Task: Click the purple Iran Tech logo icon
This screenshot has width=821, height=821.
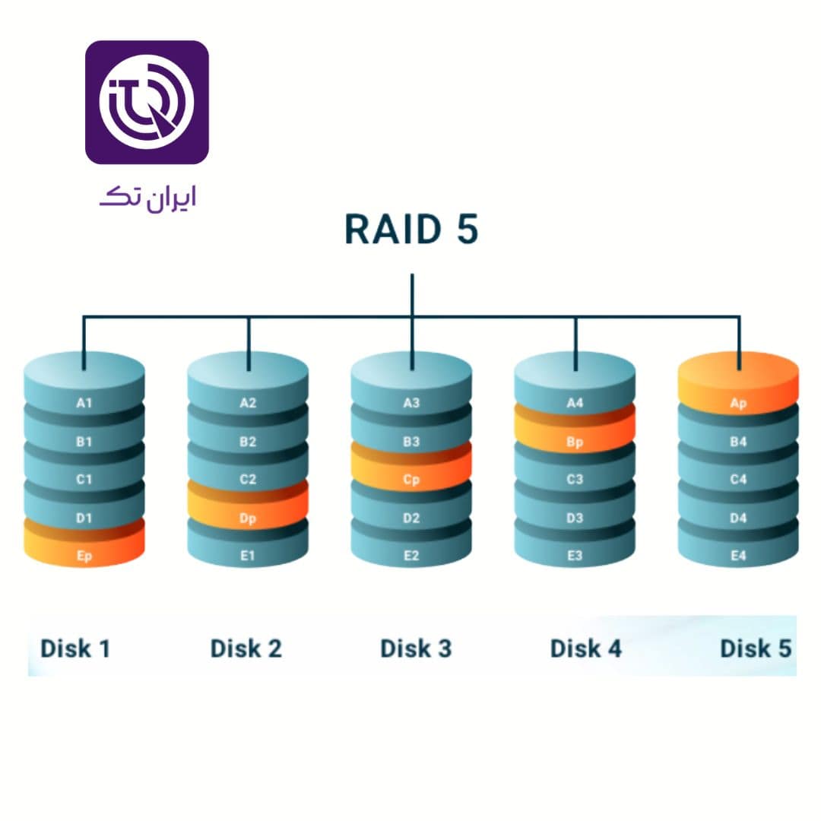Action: [x=147, y=103]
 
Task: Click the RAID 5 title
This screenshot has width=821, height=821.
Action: [x=411, y=230]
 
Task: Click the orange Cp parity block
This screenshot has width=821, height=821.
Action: [x=411, y=478]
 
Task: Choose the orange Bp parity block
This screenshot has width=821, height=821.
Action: [x=575, y=441]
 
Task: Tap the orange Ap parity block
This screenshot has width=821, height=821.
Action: [x=738, y=401]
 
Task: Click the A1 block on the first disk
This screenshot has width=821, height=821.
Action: [x=84, y=402]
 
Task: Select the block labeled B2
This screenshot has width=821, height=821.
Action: [x=248, y=441]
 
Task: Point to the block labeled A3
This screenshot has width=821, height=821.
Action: [x=411, y=402]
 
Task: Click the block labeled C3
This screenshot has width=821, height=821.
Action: [x=575, y=479]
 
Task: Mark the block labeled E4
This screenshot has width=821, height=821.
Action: [x=738, y=555]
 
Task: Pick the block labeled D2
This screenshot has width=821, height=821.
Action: [x=411, y=518]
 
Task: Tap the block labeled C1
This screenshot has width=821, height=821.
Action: [x=84, y=479]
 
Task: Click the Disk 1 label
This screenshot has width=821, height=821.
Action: [x=75, y=648]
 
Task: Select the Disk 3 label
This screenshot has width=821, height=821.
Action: [x=416, y=648]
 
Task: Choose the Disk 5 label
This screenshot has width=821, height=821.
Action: [x=755, y=648]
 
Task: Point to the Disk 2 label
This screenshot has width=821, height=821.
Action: [x=246, y=648]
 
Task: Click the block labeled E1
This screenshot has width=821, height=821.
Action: [x=248, y=555]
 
